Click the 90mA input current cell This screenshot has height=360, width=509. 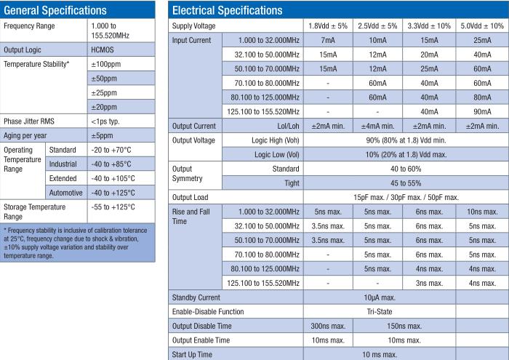pos(482,111)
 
